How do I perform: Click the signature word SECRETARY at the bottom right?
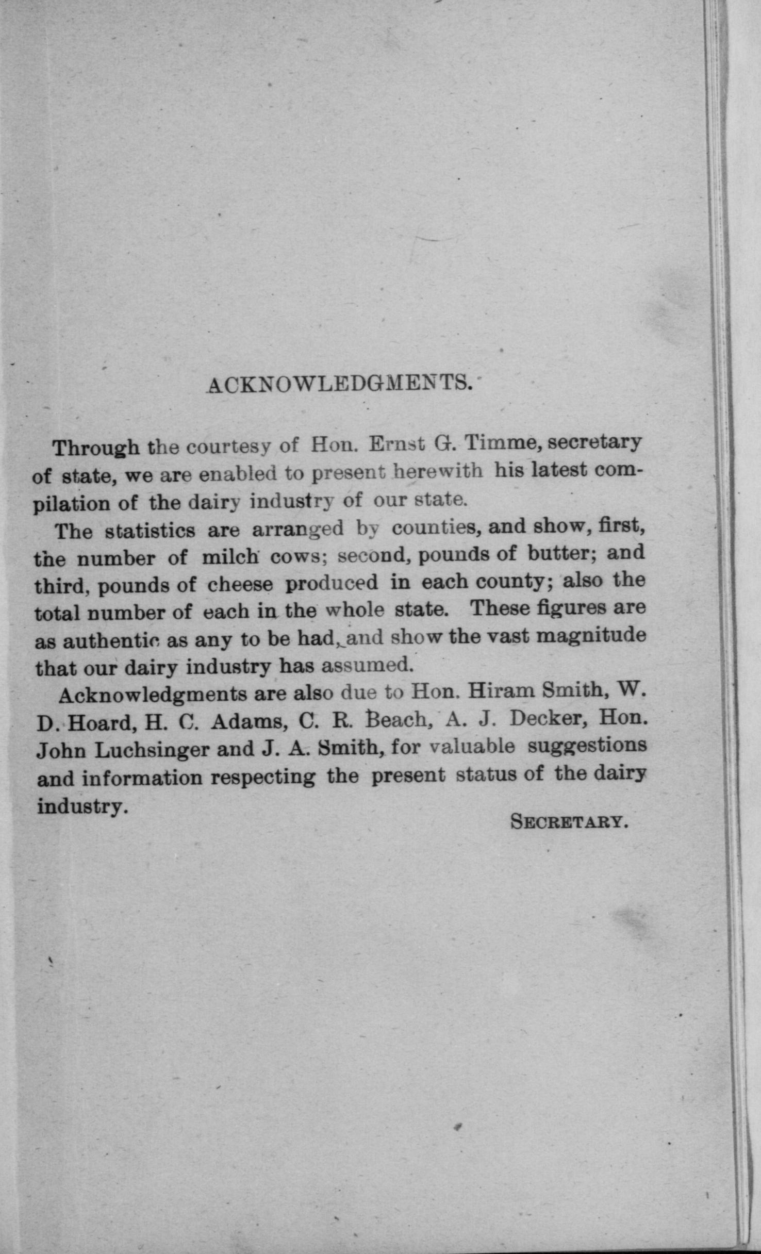click(x=569, y=821)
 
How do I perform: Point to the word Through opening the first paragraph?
click(x=96, y=448)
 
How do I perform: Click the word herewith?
click(x=438, y=471)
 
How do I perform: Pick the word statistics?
click(x=150, y=531)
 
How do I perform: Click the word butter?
click(x=561, y=553)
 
